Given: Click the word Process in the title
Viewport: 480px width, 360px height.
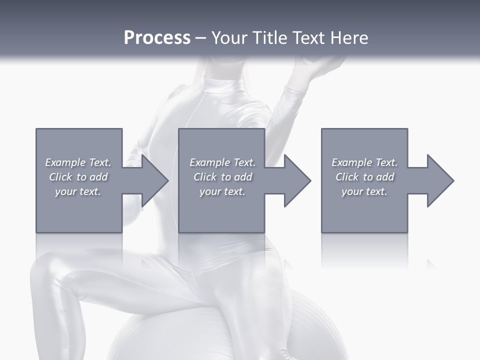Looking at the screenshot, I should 157,38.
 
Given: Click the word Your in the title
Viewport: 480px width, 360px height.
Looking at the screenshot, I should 228,38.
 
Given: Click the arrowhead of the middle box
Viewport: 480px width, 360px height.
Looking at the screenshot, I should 297,180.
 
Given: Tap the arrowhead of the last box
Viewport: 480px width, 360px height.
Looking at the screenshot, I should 440,180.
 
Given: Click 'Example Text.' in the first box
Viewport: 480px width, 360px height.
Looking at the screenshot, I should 78,162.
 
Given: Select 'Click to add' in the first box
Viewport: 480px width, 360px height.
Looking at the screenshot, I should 78,177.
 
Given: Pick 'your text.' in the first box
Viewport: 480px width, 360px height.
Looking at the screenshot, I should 78,191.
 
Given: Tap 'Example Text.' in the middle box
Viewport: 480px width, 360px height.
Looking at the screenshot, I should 222,162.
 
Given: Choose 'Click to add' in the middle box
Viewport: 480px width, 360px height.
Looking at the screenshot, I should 222,177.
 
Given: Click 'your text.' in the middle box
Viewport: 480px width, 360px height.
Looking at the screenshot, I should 222,191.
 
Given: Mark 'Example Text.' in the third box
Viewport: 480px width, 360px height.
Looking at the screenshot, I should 364,162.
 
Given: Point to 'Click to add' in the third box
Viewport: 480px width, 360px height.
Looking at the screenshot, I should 364,177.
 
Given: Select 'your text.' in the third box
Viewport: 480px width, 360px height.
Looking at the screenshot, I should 364,191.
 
